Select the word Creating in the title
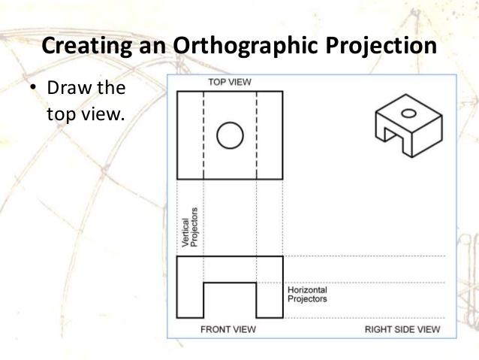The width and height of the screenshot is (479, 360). tap(86, 45)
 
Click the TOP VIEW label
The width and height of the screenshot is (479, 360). tap(229, 80)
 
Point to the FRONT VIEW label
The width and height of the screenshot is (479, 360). tap(228, 329)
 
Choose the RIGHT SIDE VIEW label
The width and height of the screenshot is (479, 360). tap(402, 329)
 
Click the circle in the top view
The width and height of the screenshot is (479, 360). tap(230, 136)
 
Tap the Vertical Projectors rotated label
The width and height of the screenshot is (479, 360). tap(189, 228)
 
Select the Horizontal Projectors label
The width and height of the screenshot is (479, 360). tap(308, 294)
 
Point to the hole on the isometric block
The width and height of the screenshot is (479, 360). tap(409, 114)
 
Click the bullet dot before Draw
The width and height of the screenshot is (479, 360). tap(33, 89)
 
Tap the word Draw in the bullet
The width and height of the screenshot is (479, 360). tap(65, 89)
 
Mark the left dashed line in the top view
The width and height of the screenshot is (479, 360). tap(203, 135)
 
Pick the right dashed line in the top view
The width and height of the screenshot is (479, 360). tap(257, 135)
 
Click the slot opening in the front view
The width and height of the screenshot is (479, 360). tap(230, 300)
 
